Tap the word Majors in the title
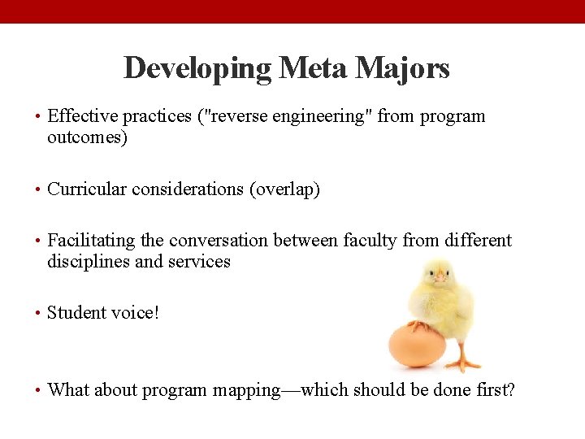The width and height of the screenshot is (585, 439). [x=403, y=68]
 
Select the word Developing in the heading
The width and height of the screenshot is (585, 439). [x=197, y=68]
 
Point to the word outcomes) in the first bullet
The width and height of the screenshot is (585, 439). [x=87, y=137]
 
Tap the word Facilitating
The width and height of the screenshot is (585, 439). [x=92, y=241]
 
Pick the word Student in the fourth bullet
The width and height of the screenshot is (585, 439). [x=77, y=313]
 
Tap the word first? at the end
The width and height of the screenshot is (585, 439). [x=495, y=389]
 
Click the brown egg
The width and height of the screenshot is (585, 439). [x=417, y=346]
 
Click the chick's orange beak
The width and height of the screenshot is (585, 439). [x=440, y=277]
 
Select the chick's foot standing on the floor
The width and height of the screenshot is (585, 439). [x=464, y=363]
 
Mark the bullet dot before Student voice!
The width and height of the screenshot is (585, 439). [x=38, y=313]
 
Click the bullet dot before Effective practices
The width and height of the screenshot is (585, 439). [x=38, y=116]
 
